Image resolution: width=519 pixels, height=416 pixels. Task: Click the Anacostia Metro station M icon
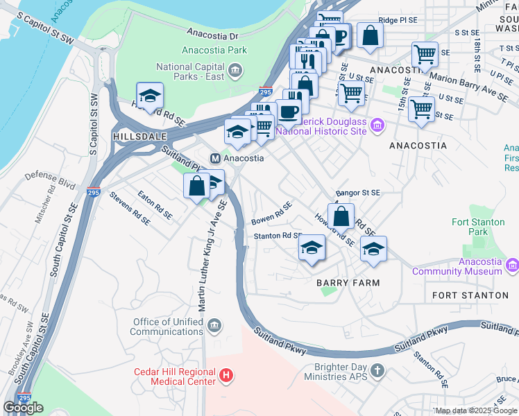click(x=215, y=157)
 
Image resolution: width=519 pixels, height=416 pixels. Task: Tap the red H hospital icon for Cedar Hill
click(x=226, y=376)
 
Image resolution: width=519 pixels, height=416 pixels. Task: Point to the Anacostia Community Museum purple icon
click(x=512, y=264)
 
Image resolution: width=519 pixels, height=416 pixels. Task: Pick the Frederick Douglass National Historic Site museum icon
click(x=377, y=125)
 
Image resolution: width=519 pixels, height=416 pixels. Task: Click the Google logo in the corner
click(x=23, y=408)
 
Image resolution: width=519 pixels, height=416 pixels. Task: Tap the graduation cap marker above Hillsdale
click(x=150, y=96)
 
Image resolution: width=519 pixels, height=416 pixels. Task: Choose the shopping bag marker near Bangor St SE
click(x=341, y=216)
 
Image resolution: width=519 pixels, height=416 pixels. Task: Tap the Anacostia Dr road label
click(x=213, y=34)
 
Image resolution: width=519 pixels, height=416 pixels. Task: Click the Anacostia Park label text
click(x=214, y=50)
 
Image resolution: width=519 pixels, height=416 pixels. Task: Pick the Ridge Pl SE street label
click(x=398, y=21)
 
